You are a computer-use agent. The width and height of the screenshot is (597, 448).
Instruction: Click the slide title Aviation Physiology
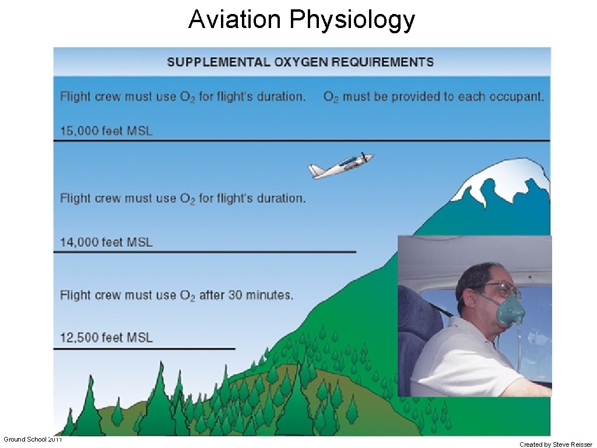tap(301, 19)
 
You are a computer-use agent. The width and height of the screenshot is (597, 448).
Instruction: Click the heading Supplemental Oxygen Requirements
tap(300, 62)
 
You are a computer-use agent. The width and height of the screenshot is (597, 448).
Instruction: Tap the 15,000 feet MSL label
tap(106, 131)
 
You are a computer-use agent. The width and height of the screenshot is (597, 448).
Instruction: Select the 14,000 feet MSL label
tap(106, 242)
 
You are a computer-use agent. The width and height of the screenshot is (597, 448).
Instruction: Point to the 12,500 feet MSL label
tap(106, 337)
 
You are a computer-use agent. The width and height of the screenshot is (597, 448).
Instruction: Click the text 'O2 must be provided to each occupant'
tap(433, 97)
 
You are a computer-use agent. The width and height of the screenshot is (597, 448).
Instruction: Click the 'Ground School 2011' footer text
tap(33, 439)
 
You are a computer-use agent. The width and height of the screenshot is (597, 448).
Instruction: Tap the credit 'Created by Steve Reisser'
tap(556, 444)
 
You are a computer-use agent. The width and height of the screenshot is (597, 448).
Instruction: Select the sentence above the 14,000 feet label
tap(182, 198)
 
